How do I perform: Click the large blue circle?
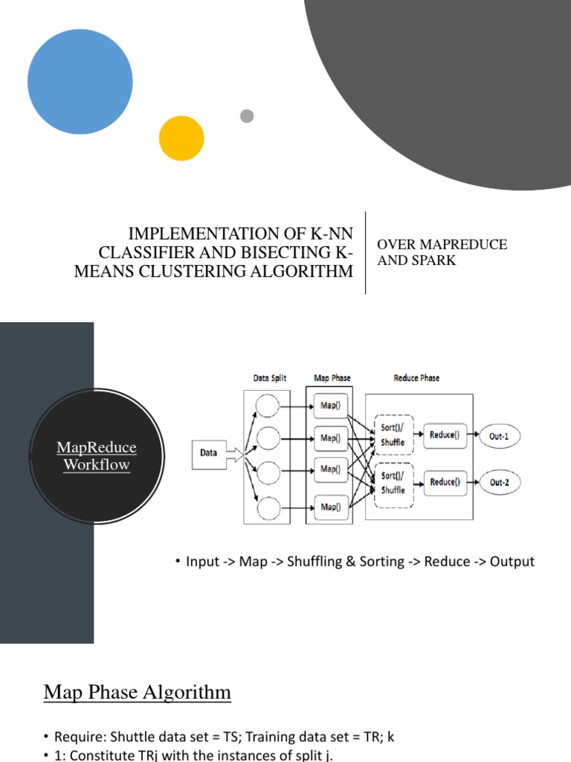coord(80,82)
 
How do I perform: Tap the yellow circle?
coord(181,138)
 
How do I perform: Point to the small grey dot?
coord(247,116)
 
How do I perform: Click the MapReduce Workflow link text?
coord(97,455)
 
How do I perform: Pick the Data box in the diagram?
coord(209,452)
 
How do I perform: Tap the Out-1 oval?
coord(500,436)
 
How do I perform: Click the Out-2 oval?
coord(500,483)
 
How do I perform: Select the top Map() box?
coord(329,406)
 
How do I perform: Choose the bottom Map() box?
coord(329,507)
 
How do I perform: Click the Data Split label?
coord(270,378)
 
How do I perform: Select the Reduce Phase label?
coord(416,378)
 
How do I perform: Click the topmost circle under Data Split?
coord(268,406)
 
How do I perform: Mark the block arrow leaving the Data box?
coord(236,454)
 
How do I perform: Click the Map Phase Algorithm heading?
coord(138,693)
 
